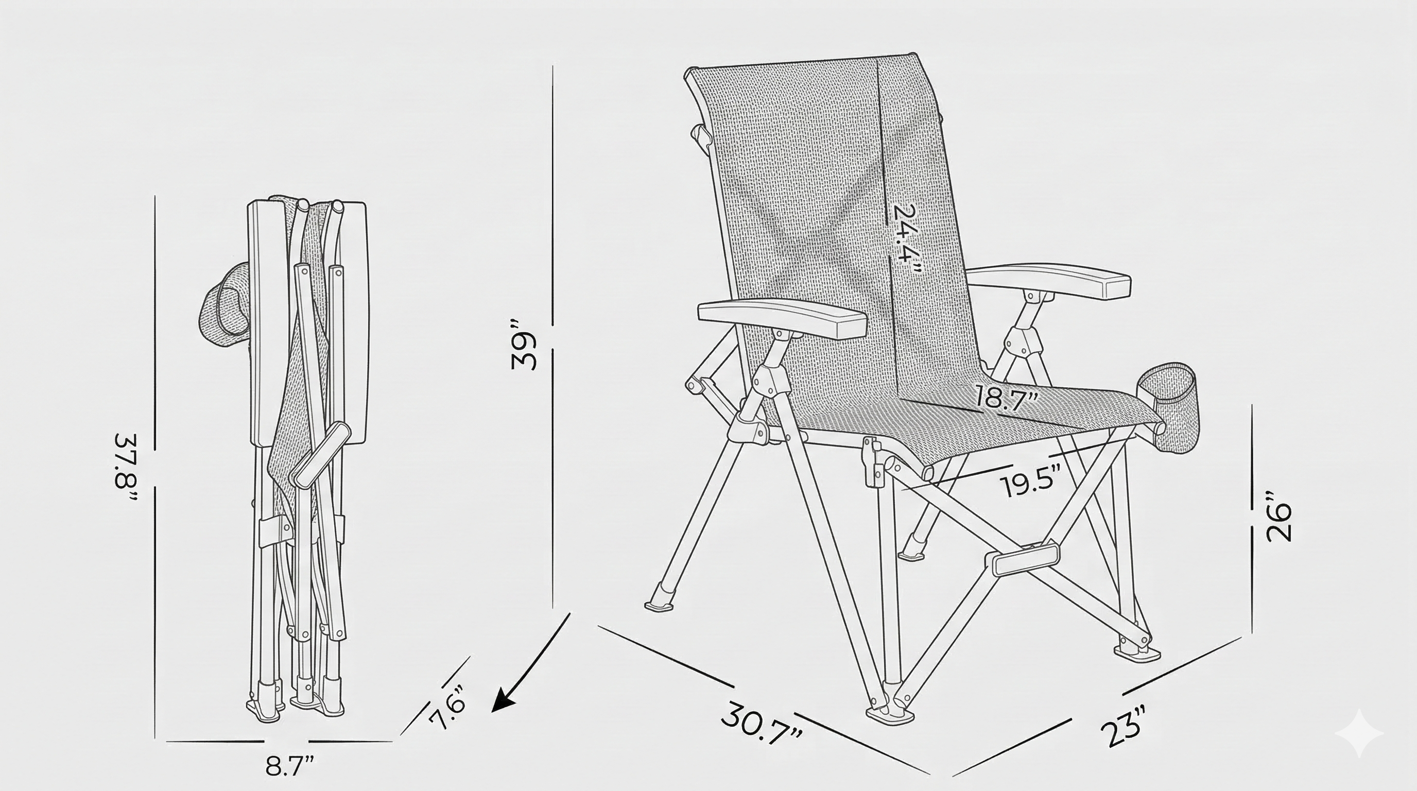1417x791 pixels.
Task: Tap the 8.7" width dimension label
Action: point(290,765)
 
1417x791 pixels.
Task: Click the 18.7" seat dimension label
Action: point(1007,397)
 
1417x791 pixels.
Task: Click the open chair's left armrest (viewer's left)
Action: point(782,319)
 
